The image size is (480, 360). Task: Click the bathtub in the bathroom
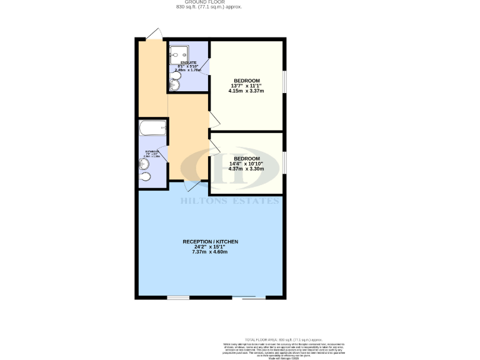coord(152,129)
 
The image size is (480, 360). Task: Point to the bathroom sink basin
coord(145,165)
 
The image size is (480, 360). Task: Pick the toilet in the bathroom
coord(146,177)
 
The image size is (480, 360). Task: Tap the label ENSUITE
coord(188,63)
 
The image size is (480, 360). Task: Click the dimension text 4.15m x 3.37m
coord(246,91)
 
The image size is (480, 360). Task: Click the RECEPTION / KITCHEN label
coord(210,241)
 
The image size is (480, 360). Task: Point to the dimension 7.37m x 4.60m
coord(210,252)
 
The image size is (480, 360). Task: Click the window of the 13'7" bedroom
coord(284,82)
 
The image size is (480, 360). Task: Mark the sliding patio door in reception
coord(254,298)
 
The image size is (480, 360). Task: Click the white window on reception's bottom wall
coord(178,298)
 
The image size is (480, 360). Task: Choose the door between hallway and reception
coord(193,186)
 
